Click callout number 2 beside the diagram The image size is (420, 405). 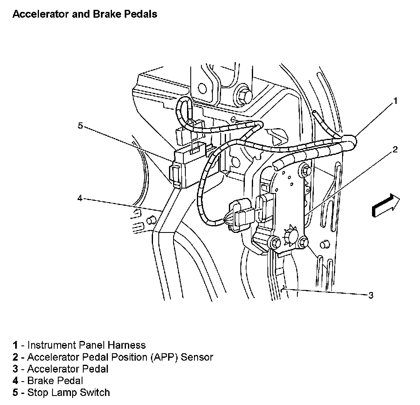(x=395, y=150)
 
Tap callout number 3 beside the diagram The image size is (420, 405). (x=370, y=295)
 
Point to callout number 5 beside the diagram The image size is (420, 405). (x=80, y=126)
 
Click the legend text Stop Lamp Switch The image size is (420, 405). (x=68, y=393)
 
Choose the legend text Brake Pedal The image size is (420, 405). (x=55, y=381)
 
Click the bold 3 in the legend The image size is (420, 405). (x=15, y=369)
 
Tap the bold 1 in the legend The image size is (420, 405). (x=15, y=345)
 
